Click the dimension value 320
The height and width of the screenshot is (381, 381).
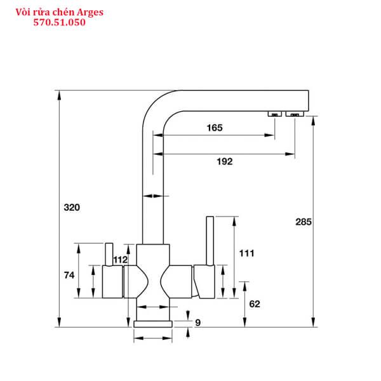tap(72, 207)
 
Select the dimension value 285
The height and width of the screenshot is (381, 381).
tap(304, 222)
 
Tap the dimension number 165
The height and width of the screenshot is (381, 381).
tap(215, 128)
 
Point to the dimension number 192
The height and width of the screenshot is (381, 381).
tap(225, 161)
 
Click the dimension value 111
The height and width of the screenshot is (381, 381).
tap(246, 253)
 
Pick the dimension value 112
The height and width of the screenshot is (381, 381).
tap(121, 260)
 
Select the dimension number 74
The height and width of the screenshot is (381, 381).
tap(69, 275)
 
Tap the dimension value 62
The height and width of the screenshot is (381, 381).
tap(255, 304)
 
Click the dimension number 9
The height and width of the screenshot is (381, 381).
tap(197, 323)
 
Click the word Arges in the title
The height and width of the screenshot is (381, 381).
tap(90, 12)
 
